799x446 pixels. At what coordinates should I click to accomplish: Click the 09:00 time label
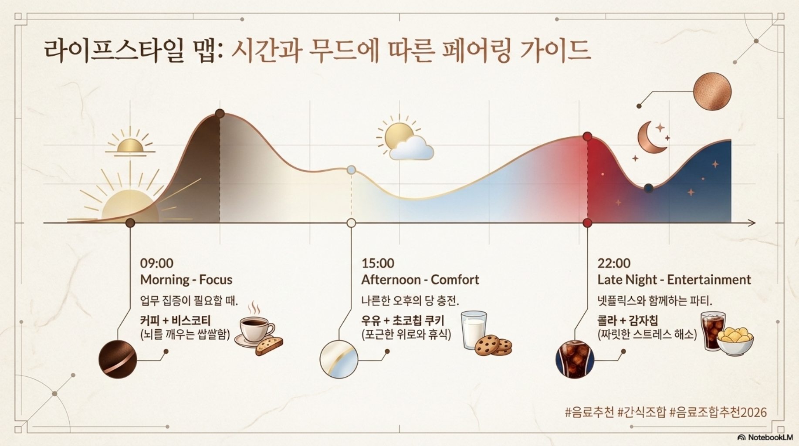pos(156,263)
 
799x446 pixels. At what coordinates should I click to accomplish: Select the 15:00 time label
pos(378,263)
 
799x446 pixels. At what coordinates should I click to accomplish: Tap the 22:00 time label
pos(614,263)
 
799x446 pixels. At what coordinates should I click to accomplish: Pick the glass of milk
pos(474,329)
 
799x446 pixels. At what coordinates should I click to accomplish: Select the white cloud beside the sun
pos(411,148)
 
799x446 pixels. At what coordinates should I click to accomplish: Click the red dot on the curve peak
pos(587,136)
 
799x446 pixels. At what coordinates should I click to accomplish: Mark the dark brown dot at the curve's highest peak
pos(220,114)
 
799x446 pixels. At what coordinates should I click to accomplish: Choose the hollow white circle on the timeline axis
pos(351,223)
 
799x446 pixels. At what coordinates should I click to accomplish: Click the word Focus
pos(216,280)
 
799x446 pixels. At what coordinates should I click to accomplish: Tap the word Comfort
pos(455,280)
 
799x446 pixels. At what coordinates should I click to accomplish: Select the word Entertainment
pos(709,280)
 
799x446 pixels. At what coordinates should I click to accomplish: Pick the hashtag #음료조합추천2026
pos(718,412)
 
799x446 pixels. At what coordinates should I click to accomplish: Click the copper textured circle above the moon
pos(712,91)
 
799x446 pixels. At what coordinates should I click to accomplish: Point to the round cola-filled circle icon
pos(575,359)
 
